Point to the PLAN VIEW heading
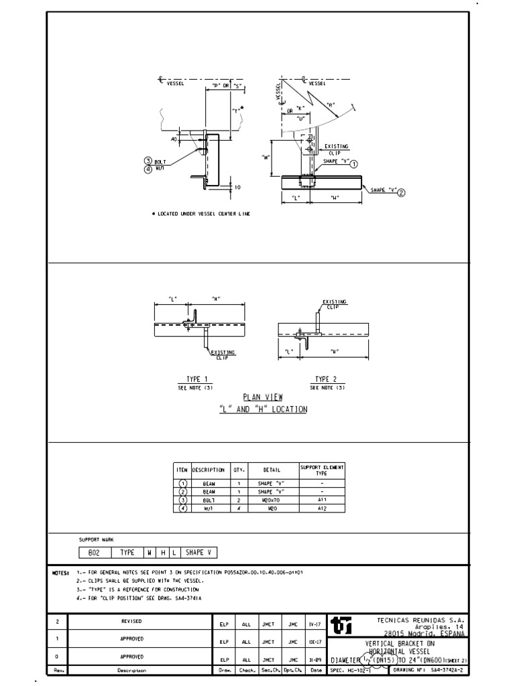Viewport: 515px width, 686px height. point(263,397)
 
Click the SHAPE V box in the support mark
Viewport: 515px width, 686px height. point(199,553)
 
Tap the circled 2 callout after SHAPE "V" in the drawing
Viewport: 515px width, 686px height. point(402,192)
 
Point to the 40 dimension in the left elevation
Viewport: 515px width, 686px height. point(174,139)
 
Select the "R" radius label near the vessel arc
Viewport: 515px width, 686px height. point(331,105)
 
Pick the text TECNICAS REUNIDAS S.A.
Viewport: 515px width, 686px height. point(421,620)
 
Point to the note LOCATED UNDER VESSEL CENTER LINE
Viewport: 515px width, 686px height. point(201,213)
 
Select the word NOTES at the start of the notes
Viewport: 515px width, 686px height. point(60,573)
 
